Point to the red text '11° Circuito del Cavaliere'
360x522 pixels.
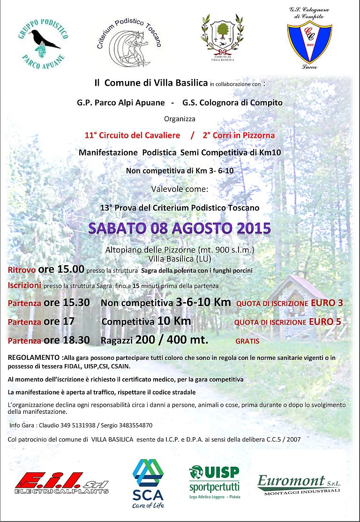(132, 135)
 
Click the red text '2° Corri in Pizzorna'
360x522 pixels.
(239, 135)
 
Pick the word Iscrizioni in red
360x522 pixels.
(24, 285)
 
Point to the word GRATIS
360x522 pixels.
(247, 341)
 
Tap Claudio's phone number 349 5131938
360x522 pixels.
(75, 425)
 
